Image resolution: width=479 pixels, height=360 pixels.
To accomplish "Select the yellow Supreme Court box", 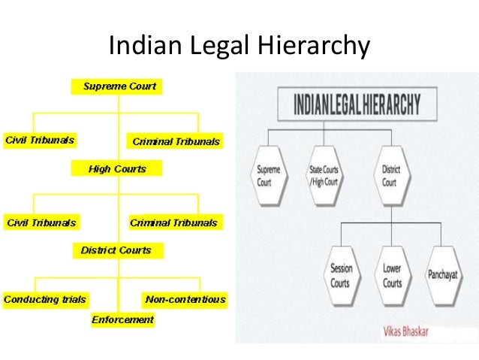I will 119,86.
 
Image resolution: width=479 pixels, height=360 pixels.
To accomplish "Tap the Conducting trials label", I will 45,299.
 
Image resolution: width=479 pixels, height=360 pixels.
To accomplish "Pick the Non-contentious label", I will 185,299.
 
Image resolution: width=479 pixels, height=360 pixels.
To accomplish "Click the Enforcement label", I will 122,320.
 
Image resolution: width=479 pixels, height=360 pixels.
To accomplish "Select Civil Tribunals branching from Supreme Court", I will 41,141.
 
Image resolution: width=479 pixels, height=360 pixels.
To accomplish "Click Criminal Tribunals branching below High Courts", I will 173,222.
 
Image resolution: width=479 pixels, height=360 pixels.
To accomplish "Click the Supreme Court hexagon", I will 268,177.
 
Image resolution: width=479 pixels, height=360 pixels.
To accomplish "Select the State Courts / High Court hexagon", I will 324,177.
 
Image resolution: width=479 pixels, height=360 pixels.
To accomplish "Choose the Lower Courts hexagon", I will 392,275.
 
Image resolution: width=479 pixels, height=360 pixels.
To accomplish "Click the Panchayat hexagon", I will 443,275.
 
